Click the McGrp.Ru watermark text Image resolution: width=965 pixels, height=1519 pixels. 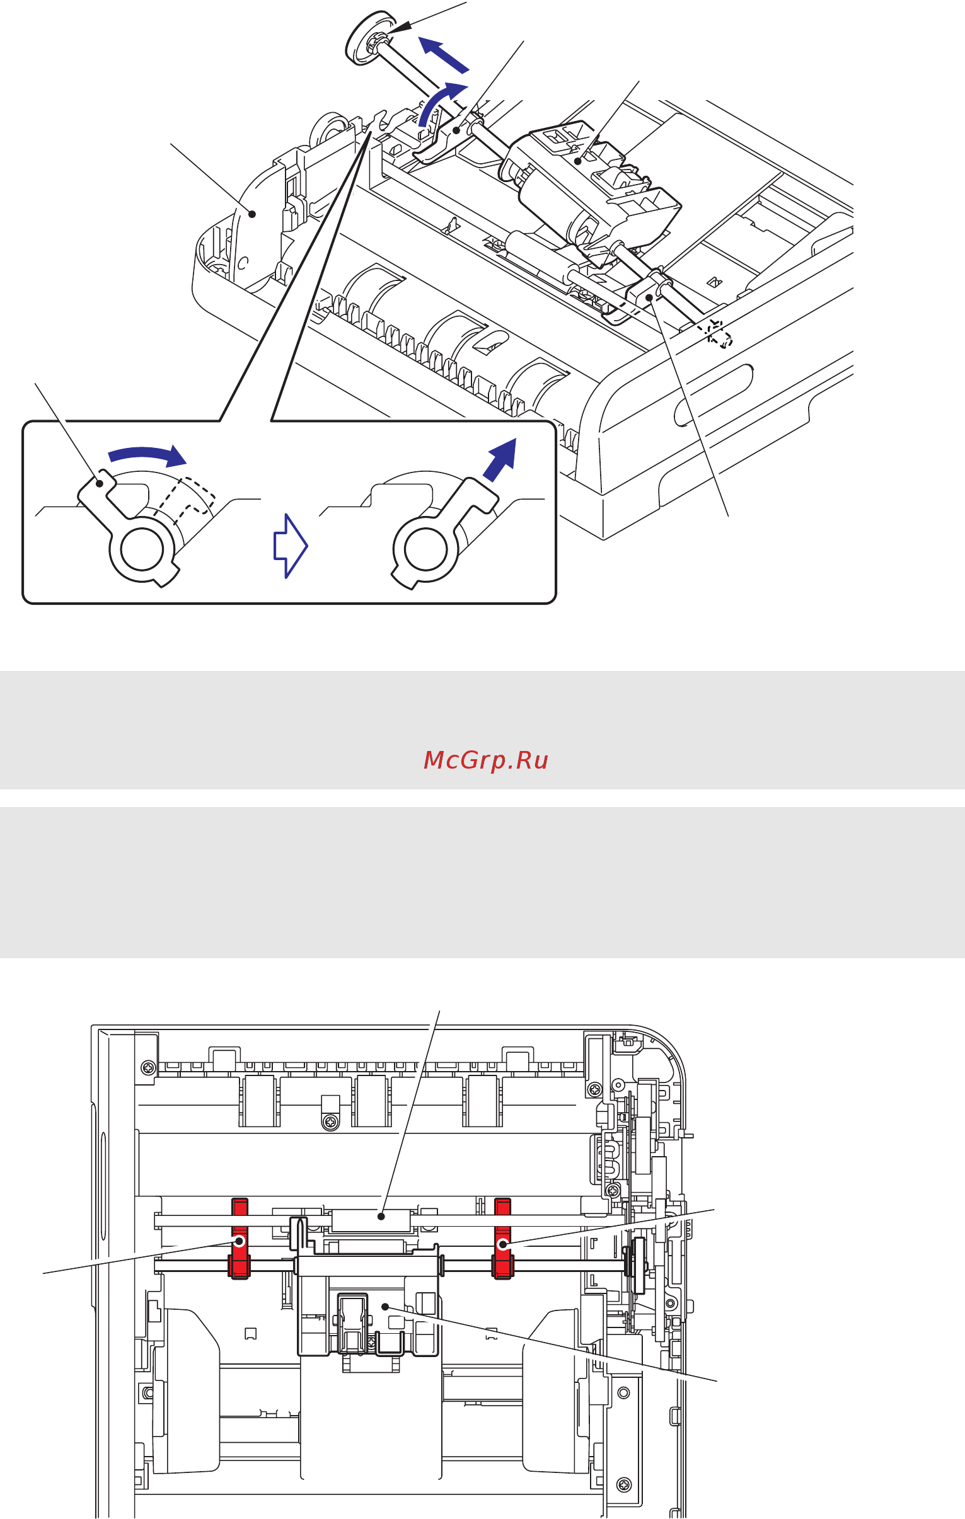click(x=485, y=760)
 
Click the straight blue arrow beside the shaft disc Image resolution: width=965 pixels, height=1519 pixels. click(x=444, y=55)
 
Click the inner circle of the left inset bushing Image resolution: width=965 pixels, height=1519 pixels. click(x=142, y=548)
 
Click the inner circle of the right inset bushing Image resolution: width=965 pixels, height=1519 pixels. click(x=426, y=548)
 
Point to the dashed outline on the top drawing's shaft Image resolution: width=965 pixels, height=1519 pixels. click(x=718, y=333)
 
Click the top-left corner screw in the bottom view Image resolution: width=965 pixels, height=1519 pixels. click(x=148, y=1067)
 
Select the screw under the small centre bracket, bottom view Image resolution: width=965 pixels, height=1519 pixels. click(x=331, y=1122)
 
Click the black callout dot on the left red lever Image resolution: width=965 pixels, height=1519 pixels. click(x=240, y=1241)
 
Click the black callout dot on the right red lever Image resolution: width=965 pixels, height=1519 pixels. click(x=503, y=1244)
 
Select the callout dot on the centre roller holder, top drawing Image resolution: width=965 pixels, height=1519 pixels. click(x=577, y=161)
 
